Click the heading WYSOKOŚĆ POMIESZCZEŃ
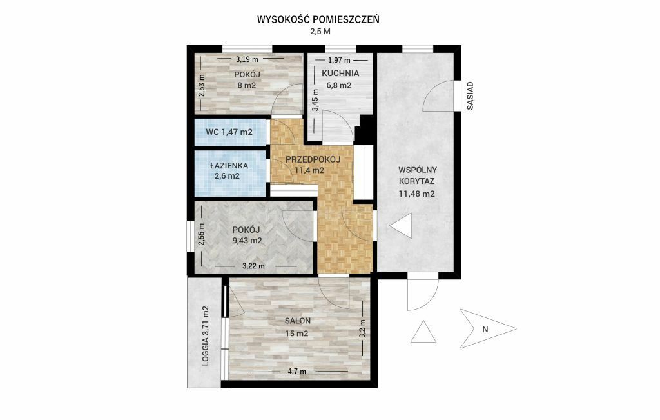pos(318,19)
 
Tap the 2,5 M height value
pos(320,31)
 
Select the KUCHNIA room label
pos(340,74)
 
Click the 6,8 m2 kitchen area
pos(339,85)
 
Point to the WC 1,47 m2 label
pos(229,132)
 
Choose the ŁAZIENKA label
pos(229,166)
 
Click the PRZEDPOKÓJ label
pos(313,159)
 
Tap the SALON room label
pos(298,321)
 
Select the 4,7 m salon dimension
pos(296,372)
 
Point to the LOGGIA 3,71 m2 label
pos(206,335)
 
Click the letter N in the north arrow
pos(485,330)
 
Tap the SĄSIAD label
pos(470,96)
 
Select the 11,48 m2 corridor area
pos(417,194)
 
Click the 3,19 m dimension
pos(247,59)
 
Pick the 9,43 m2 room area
pos(247,241)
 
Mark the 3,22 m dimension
pos(253,266)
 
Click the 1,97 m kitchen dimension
pos(339,60)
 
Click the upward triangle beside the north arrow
pos(423,332)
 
